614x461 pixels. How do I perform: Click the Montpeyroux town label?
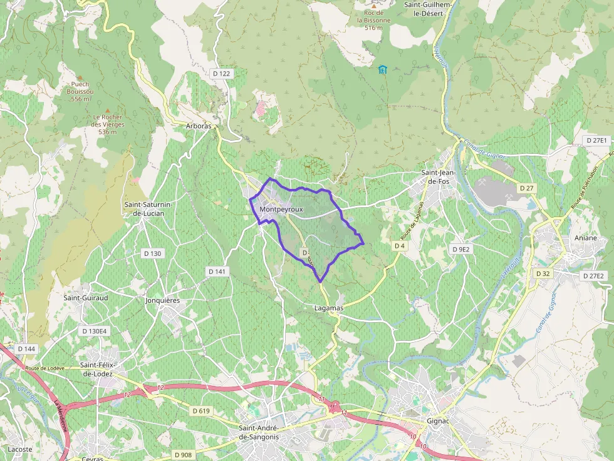(x=281, y=210)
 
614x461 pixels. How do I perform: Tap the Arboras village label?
(x=199, y=126)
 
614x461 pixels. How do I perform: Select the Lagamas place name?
(x=328, y=308)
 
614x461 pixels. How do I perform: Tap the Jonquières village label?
(x=162, y=300)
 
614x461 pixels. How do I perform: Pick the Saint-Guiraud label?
(x=86, y=298)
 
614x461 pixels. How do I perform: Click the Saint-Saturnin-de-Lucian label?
(x=145, y=209)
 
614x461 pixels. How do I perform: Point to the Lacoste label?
(x=20, y=449)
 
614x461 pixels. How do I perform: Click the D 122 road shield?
(x=222, y=74)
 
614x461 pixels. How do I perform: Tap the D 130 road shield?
(x=152, y=253)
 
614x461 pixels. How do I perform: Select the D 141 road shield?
(x=217, y=271)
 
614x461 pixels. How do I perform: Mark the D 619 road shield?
(x=200, y=411)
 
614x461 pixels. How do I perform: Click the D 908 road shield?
(x=183, y=455)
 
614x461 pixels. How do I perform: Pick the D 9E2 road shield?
(x=460, y=249)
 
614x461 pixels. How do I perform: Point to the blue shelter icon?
(x=382, y=69)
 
